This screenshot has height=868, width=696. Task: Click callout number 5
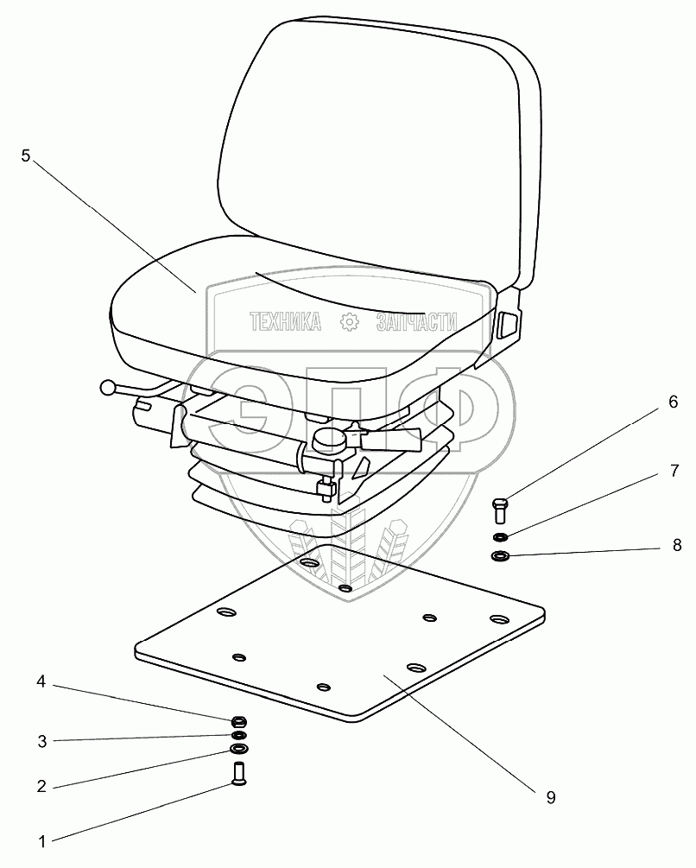(x=25, y=157)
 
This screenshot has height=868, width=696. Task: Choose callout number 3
(x=41, y=740)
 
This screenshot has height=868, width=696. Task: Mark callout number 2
(x=41, y=787)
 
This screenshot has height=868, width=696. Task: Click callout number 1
(x=41, y=839)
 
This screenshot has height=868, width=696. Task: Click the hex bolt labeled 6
(x=500, y=510)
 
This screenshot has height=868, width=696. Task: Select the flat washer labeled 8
(x=500, y=556)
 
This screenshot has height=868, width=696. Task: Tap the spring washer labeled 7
(x=500, y=537)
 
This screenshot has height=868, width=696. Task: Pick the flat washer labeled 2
(x=237, y=747)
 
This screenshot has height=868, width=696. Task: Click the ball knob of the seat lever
(x=108, y=389)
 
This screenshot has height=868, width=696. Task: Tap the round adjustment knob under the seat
(x=328, y=440)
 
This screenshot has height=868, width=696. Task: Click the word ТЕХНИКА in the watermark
(x=286, y=323)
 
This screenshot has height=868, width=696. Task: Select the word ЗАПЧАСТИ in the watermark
(x=415, y=323)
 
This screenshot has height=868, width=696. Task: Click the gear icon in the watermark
(x=350, y=323)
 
